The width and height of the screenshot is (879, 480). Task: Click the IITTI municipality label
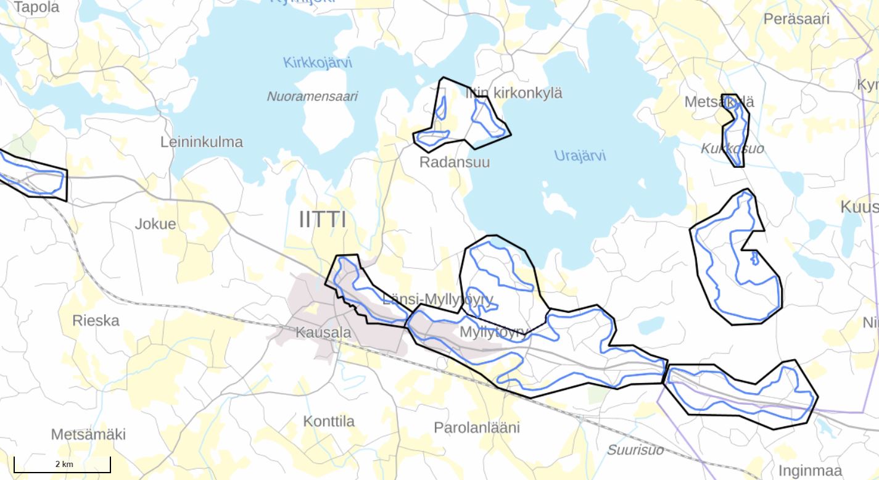click(x=322, y=220)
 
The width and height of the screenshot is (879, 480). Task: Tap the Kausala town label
click(x=323, y=333)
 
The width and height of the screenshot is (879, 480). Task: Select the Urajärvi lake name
click(x=580, y=155)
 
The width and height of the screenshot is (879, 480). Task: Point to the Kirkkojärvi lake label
click(x=318, y=62)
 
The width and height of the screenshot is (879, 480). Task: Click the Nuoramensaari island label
click(x=312, y=96)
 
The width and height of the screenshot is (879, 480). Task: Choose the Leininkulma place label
click(x=202, y=142)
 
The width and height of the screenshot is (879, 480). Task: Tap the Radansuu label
click(x=455, y=162)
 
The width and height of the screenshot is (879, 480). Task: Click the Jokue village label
click(x=155, y=224)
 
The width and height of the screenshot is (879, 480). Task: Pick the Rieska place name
click(x=96, y=321)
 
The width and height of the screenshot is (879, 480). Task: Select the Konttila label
click(x=329, y=421)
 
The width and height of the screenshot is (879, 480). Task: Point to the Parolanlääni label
click(x=477, y=428)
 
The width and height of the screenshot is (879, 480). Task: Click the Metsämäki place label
click(x=88, y=434)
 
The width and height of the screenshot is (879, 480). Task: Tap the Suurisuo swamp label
click(x=635, y=450)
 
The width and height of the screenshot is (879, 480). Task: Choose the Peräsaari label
click(x=796, y=19)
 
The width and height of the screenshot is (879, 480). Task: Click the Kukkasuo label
click(x=732, y=149)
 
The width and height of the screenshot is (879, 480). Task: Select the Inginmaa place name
click(x=810, y=470)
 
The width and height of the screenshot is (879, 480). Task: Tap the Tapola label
click(x=36, y=7)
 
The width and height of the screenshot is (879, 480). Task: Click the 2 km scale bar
click(x=62, y=465)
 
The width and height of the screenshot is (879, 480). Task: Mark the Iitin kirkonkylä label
click(x=514, y=93)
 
